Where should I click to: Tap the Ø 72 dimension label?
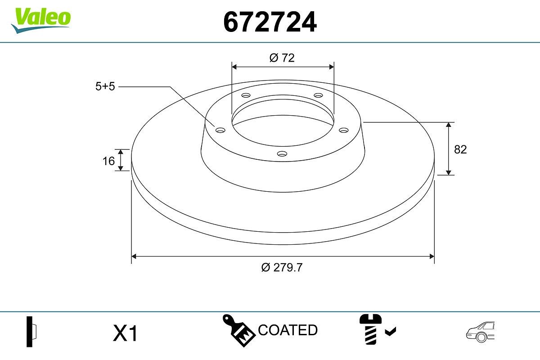(282, 58)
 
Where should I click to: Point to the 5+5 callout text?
(105, 87)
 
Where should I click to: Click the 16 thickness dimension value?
(108, 161)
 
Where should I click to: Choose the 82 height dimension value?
(460, 149)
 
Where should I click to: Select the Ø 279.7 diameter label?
(282, 267)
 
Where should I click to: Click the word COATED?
(288, 330)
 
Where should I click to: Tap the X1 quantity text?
(125, 334)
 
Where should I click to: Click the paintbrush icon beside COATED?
(239, 330)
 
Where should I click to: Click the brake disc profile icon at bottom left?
(31, 332)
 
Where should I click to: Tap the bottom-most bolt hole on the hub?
(282, 154)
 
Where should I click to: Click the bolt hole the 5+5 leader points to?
(220, 130)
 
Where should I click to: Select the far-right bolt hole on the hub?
(344, 130)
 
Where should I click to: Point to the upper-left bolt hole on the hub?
(246, 95)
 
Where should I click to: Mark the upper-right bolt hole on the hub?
(319, 95)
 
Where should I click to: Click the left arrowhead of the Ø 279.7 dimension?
(133, 256)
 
